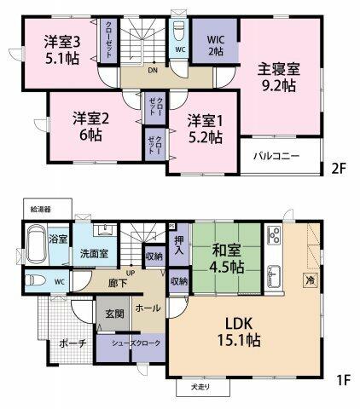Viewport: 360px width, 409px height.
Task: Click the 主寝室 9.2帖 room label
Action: click(278, 78)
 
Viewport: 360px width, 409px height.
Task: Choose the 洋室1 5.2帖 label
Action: click(206, 129)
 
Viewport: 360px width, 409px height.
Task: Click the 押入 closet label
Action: click(179, 248)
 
